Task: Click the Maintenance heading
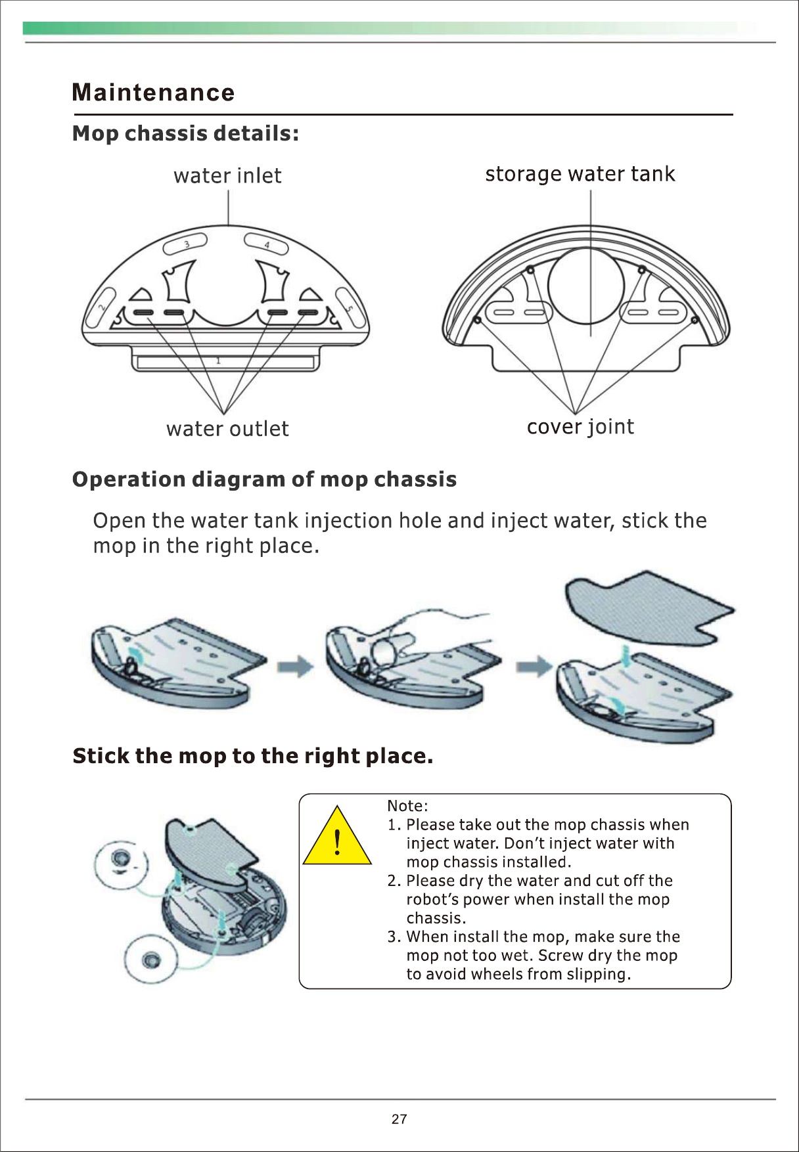153,93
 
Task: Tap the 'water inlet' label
227,176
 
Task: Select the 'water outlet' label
227,429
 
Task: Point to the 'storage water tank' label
580,174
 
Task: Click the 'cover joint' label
580,427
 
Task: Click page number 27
399,1119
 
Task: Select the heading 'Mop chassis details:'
185,133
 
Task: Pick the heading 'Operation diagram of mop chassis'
264,479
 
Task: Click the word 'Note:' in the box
407,806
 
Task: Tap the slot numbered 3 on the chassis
185,244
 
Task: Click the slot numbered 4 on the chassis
267,244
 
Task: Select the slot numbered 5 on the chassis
350,309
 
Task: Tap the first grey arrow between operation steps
295,667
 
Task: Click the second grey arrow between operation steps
534,667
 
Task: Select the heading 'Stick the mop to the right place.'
253,756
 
